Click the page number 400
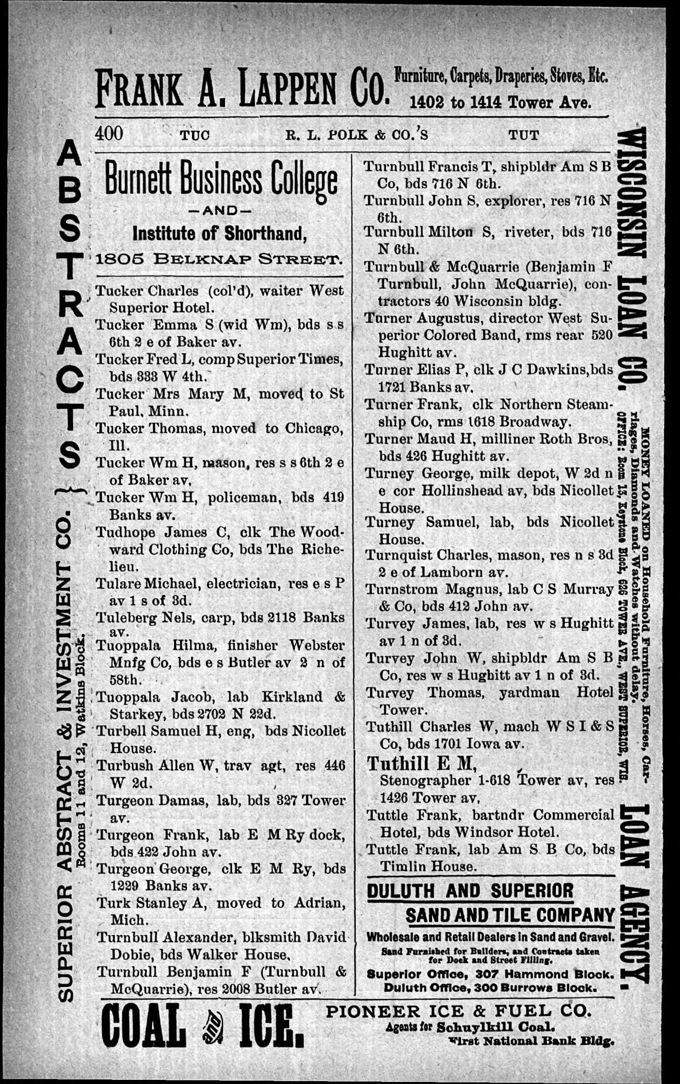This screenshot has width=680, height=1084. click(109, 134)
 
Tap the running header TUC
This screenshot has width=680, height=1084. click(195, 136)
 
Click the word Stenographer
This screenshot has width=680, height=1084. click(425, 780)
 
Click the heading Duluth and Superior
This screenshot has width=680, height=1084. click(470, 891)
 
